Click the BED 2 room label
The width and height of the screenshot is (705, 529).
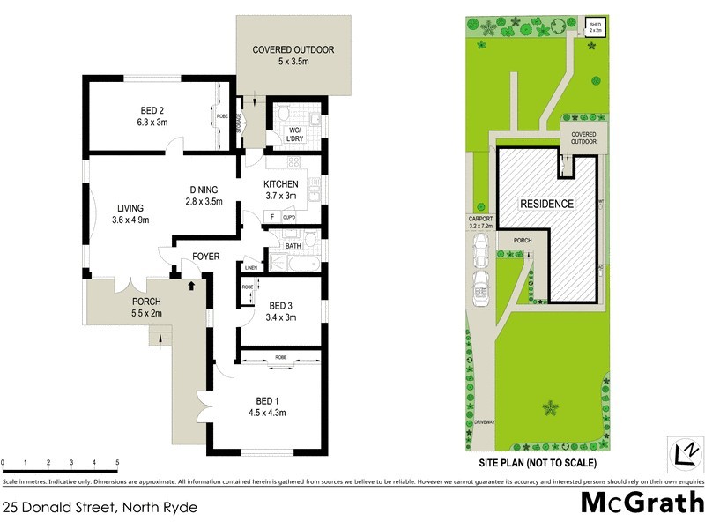point(152,116)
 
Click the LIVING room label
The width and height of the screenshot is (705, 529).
point(129,215)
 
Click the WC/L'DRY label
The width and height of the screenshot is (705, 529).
point(291,137)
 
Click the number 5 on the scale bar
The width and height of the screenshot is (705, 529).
point(117,462)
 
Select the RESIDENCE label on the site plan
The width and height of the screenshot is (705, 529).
point(546,204)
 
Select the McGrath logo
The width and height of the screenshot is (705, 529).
point(641,503)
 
